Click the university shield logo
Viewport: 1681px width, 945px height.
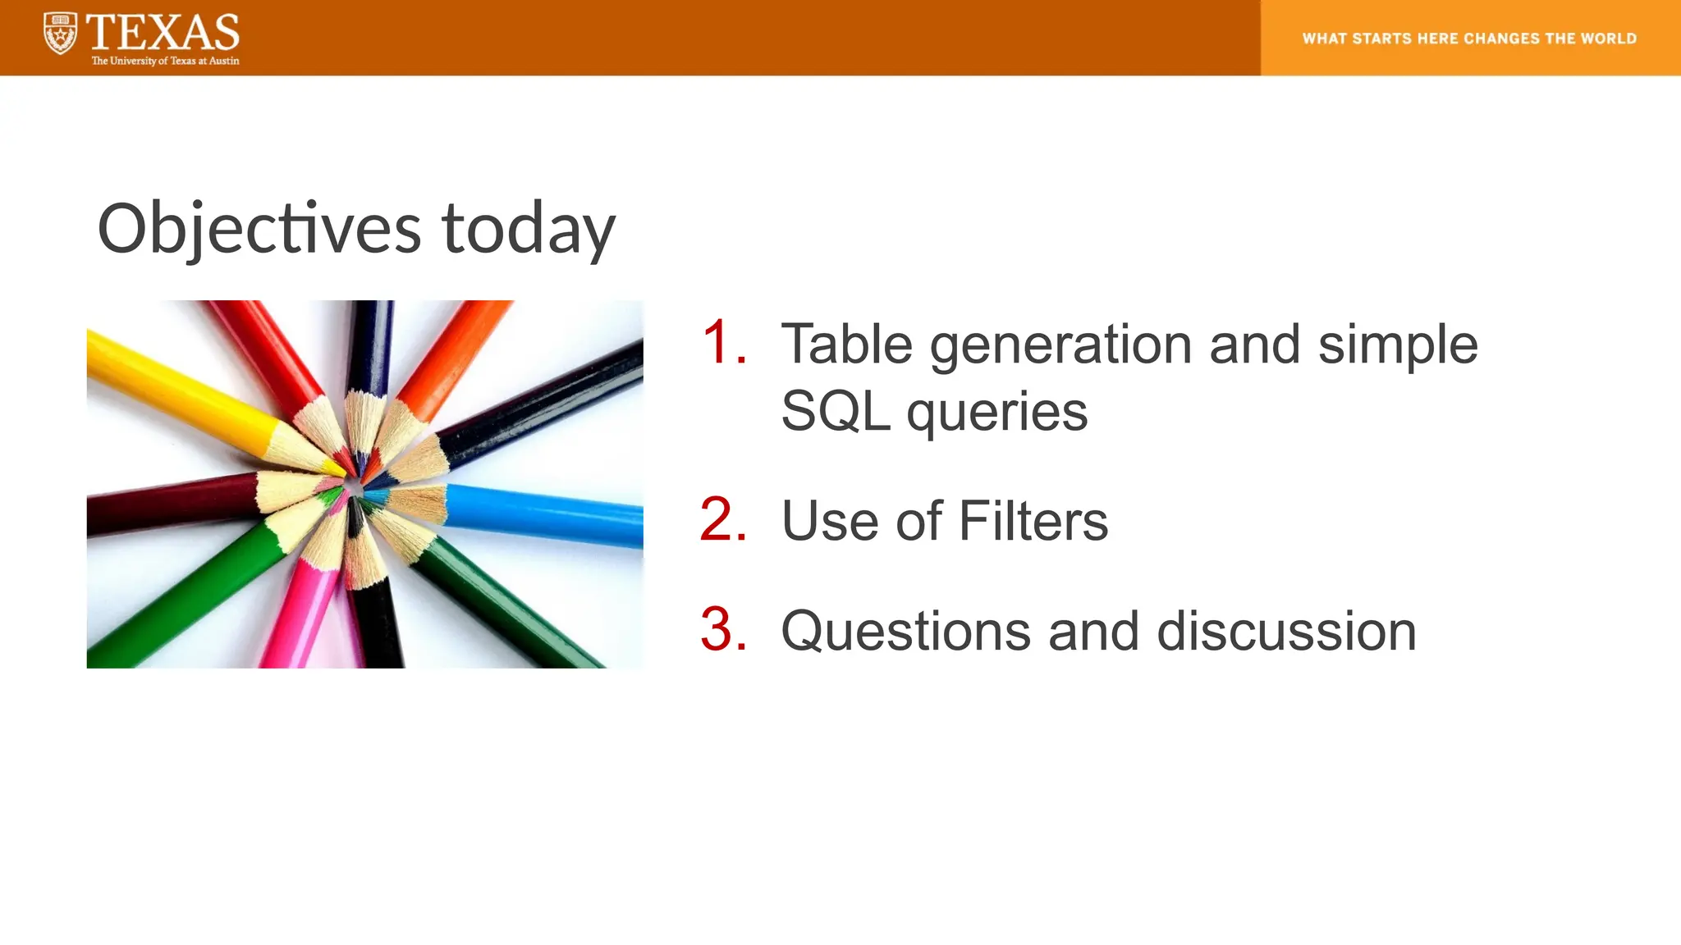(x=60, y=34)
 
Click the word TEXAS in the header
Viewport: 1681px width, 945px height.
(x=163, y=33)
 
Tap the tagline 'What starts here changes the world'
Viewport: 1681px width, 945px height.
(x=1469, y=39)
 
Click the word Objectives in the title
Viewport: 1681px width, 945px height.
(x=259, y=229)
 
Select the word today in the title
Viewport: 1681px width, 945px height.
(x=528, y=229)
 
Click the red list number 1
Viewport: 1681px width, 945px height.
(x=723, y=342)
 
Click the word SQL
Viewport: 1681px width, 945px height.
(x=835, y=411)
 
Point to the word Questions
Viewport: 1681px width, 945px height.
(x=905, y=631)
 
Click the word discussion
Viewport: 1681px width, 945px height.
(x=1286, y=631)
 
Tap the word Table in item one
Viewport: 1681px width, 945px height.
(x=846, y=344)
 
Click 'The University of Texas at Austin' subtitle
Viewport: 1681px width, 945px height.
(x=165, y=61)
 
